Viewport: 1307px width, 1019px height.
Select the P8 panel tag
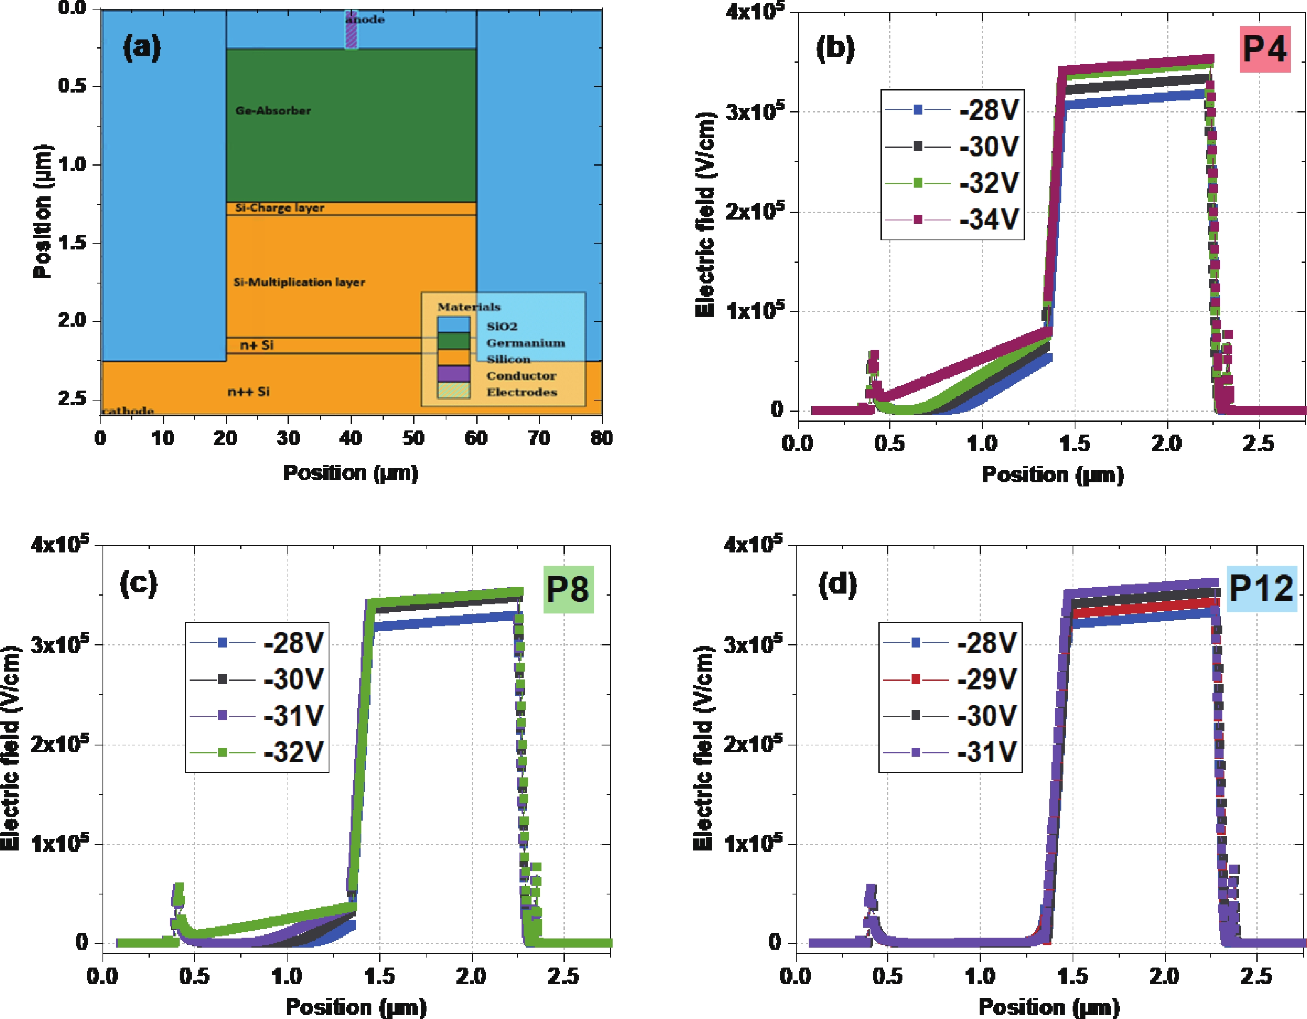click(x=568, y=589)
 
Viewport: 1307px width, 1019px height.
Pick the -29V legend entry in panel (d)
click(x=950, y=679)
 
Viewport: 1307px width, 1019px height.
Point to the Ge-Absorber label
click(x=273, y=111)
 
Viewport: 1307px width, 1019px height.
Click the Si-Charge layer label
click(x=280, y=208)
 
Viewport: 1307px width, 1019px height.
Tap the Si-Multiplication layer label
click(x=299, y=282)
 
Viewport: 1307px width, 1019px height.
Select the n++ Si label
click(x=249, y=391)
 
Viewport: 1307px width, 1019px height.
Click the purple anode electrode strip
click(x=352, y=30)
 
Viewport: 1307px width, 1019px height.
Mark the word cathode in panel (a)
click(x=128, y=411)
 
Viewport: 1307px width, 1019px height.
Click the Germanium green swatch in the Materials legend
click(x=454, y=341)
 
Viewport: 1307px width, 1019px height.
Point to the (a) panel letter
click(x=142, y=47)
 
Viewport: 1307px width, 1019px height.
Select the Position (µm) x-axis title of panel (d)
click(x=1049, y=1007)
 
